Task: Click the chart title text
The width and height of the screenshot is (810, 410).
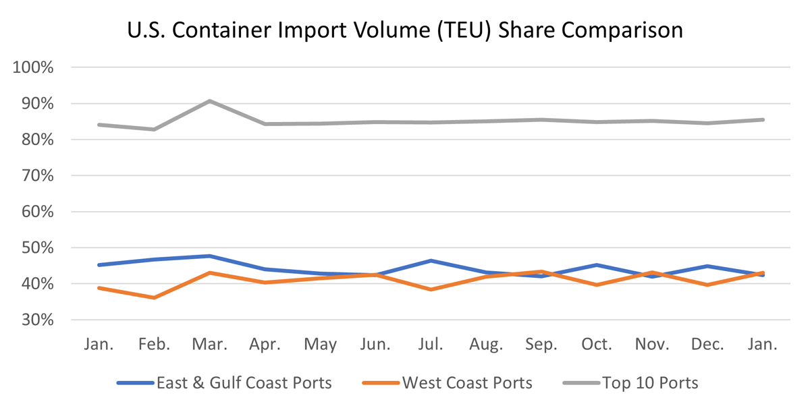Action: point(404,30)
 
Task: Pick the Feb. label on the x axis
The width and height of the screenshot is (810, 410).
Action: point(155,345)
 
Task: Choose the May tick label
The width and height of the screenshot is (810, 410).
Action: point(320,345)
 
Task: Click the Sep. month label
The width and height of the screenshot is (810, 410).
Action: point(541,345)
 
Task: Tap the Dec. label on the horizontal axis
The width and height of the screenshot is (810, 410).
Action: point(707,345)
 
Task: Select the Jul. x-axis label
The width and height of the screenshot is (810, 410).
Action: point(431,345)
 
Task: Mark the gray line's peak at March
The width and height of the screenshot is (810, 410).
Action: point(210,101)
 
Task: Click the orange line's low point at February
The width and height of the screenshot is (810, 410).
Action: point(155,297)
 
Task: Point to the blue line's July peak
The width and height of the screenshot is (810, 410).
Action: point(431,260)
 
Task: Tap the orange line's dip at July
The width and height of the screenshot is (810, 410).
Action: point(431,289)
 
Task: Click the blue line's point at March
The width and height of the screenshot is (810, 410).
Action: point(210,256)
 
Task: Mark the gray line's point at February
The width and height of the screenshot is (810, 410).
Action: point(155,129)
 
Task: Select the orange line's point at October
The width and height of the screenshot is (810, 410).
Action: point(597,285)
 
